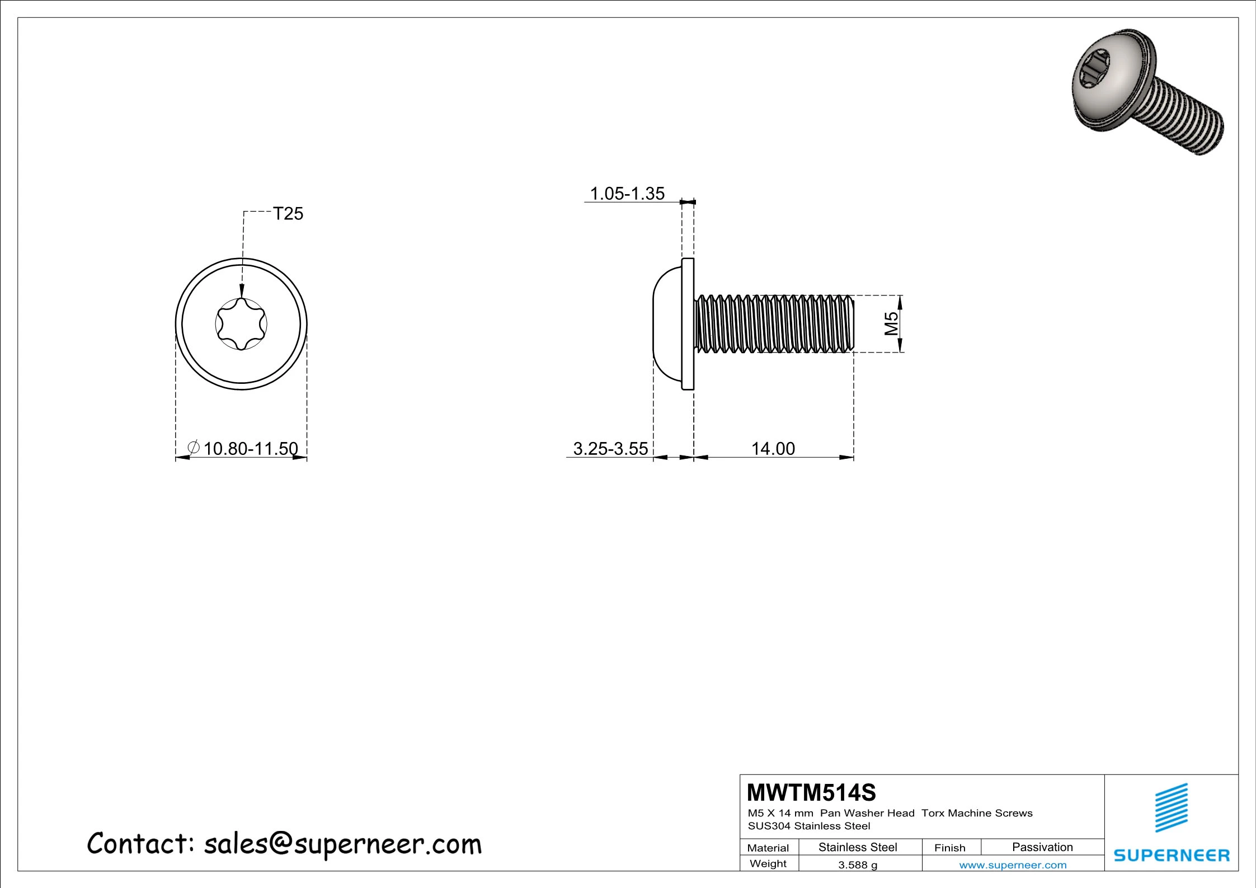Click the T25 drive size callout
click(x=288, y=214)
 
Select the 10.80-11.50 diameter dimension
click(x=251, y=449)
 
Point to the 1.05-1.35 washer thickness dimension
click(x=627, y=194)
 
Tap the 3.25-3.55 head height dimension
click(x=610, y=449)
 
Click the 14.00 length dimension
click(x=773, y=449)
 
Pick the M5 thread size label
click(x=891, y=323)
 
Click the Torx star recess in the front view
click(x=241, y=324)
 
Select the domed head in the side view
click(x=667, y=324)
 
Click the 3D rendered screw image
click(x=1147, y=91)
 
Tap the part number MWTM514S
click(x=811, y=793)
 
